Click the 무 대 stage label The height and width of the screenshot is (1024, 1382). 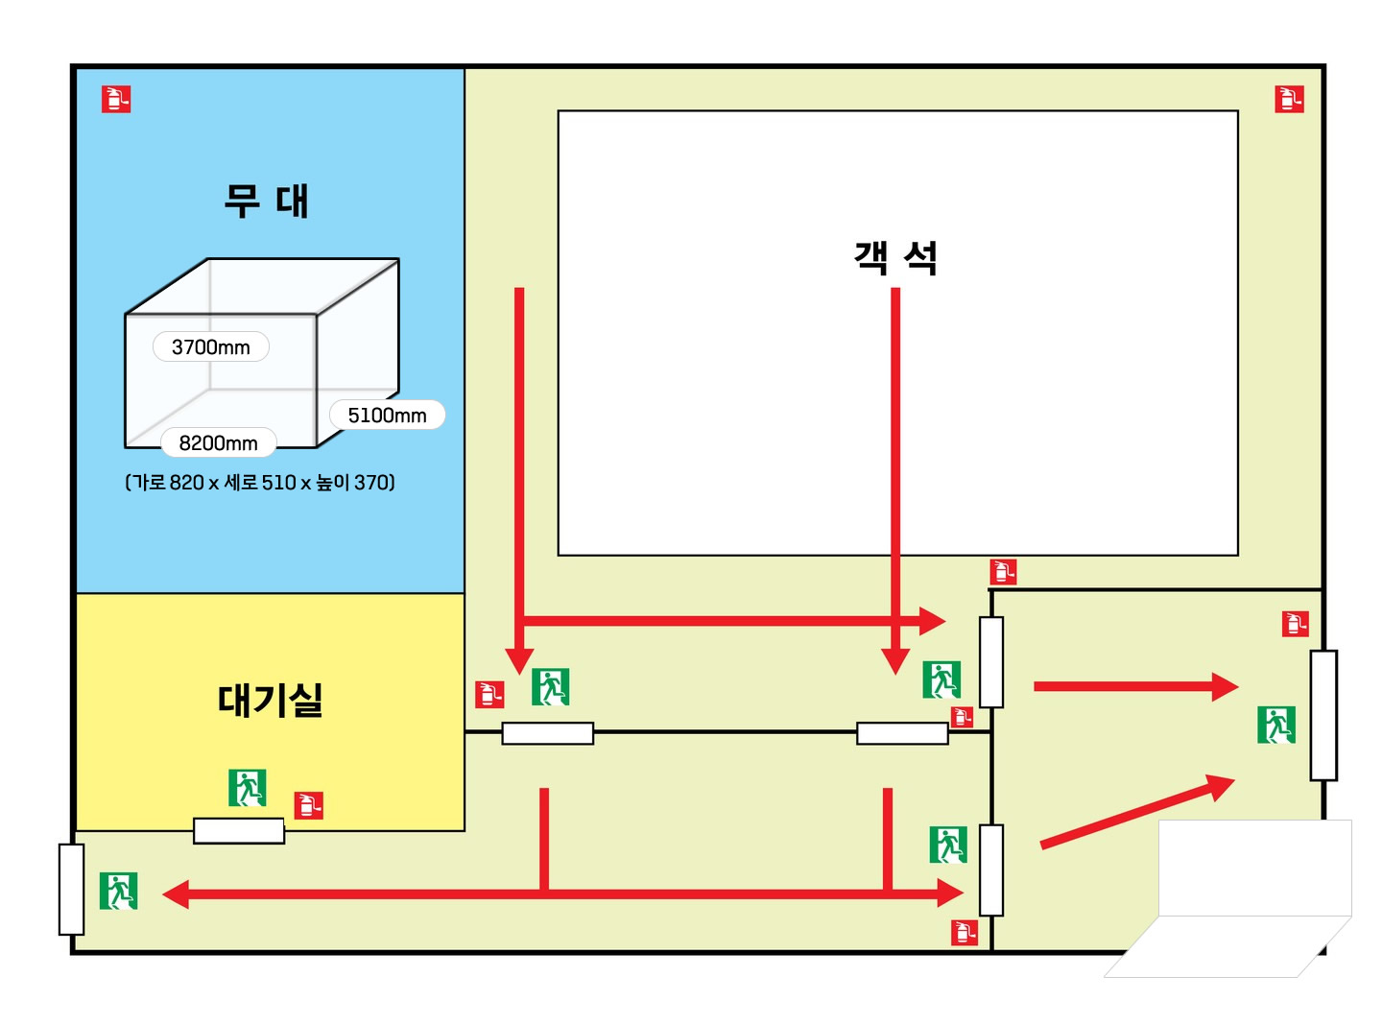point(266,202)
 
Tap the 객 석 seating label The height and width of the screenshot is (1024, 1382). point(895,257)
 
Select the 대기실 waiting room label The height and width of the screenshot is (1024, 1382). point(270,700)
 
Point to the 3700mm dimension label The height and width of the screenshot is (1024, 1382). point(211,346)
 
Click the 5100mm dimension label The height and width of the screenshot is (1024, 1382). point(387,415)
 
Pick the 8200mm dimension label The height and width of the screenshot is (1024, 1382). point(218,442)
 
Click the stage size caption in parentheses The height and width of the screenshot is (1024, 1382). point(260,482)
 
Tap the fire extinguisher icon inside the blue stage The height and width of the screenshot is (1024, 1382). point(116,99)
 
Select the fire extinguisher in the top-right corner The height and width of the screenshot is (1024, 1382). point(1289,99)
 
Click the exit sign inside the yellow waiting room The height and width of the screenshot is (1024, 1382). point(247,788)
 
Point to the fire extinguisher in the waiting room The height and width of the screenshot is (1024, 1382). point(308,805)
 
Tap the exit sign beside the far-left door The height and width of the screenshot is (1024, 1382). point(119,891)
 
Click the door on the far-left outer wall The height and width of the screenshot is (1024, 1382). point(72,889)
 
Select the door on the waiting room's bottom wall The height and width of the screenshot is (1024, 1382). point(239,830)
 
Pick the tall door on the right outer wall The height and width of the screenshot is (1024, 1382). point(1323,715)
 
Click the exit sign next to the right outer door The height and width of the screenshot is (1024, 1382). point(1276,725)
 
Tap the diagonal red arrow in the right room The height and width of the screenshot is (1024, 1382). point(1138,812)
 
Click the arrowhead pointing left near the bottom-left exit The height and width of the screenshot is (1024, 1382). point(176,894)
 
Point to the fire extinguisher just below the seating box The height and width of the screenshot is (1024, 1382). point(1003,572)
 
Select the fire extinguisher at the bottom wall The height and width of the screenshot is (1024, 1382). point(965,932)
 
